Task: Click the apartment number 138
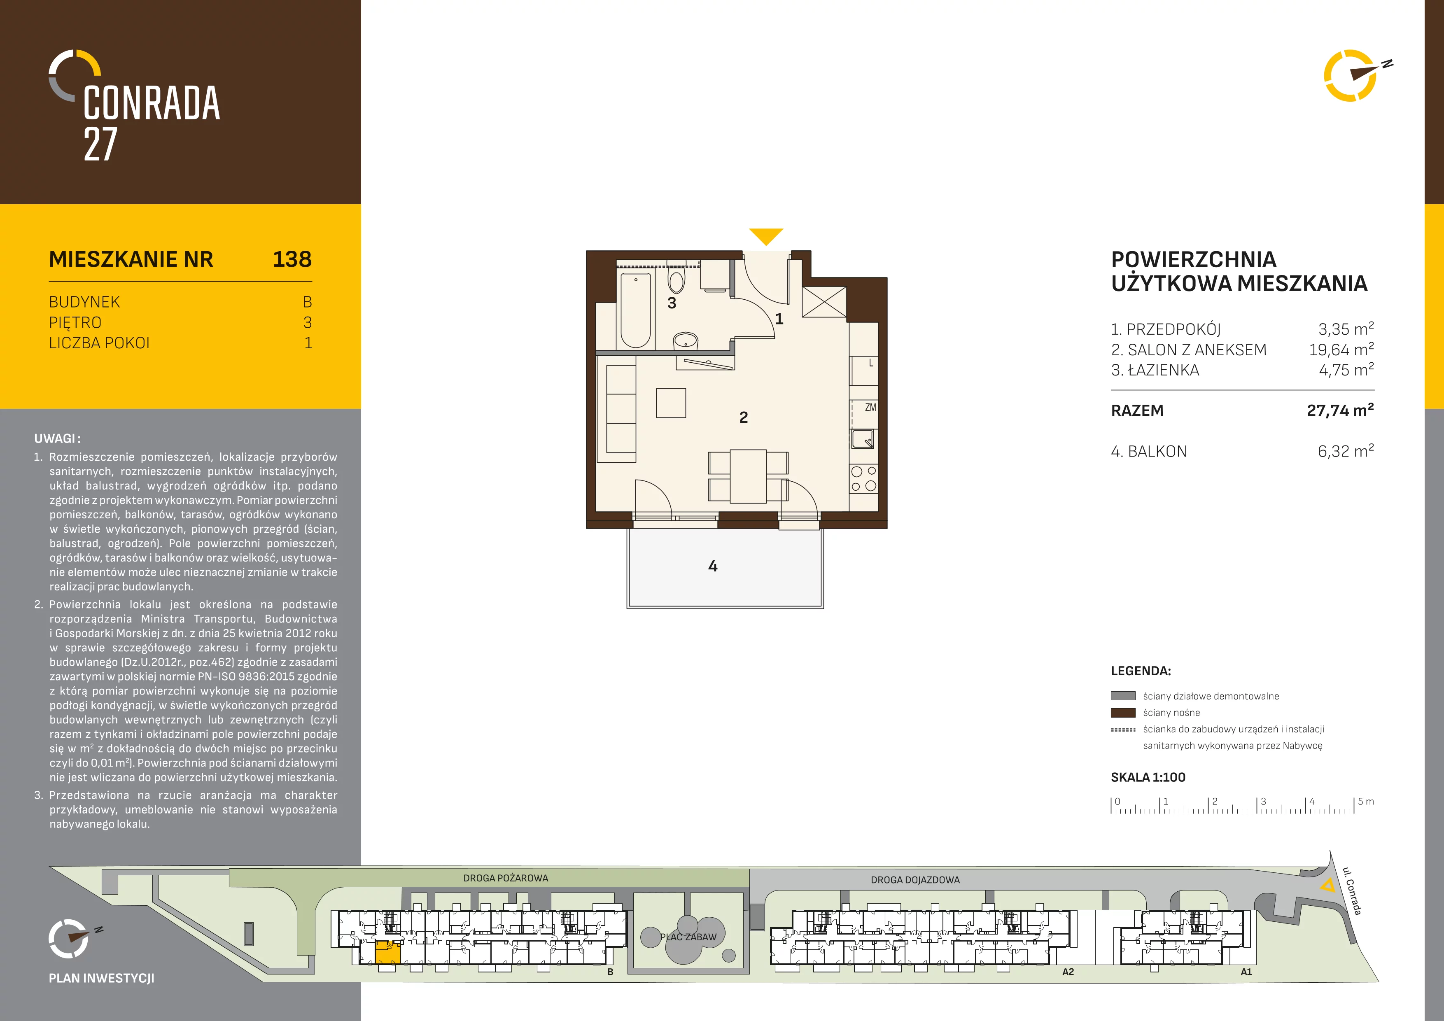tap(292, 259)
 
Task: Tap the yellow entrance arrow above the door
tap(766, 236)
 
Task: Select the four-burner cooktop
tap(863, 478)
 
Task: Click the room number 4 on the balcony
tap(713, 566)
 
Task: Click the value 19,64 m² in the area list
tap(1341, 350)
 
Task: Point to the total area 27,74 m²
tap(1340, 410)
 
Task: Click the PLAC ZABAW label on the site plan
tap(688, 937)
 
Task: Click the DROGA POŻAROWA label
tap(506, 878)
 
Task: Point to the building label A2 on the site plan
tap(1068, 972)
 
